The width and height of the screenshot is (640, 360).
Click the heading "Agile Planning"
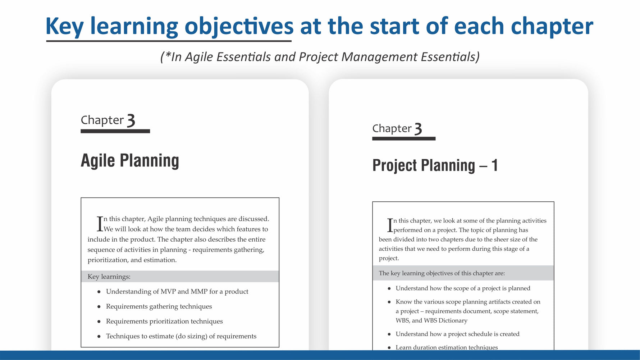click(x=130, y=160)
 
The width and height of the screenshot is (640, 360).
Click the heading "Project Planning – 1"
click(x=435, y=165)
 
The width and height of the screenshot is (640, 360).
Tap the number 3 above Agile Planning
click(x=131, y=120)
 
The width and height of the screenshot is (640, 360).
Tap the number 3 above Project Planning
click(x=418, y=129)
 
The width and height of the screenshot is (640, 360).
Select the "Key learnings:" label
click(x=109, y=277)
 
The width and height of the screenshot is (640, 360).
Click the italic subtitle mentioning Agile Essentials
click(x=320, y=57)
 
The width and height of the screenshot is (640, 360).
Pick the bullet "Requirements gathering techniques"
click(x=159, y=306)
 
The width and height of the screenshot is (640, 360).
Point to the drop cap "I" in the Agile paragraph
click(x=100, y=224)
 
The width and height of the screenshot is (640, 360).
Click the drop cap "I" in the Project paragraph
click(x=390, y=225)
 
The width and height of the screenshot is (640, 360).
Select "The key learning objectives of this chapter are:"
click(x=442, y=273)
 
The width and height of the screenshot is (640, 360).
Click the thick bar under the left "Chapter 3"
click(x=115, y=131)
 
